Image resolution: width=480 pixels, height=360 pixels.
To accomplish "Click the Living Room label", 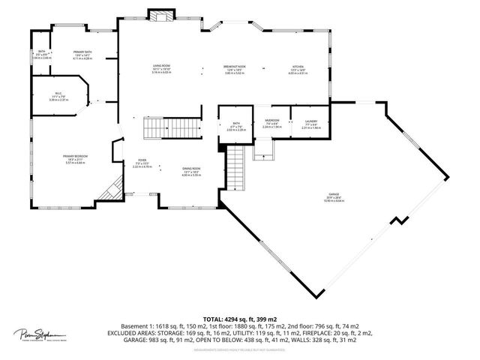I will (x=160, y=68).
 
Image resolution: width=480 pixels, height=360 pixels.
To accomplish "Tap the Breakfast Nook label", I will (x=234, y=68).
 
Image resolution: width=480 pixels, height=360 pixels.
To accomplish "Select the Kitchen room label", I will (x=298, y=68).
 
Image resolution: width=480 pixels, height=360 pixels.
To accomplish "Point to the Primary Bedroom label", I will (x=75, y=158).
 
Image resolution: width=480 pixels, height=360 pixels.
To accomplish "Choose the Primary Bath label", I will (x=82, y=54).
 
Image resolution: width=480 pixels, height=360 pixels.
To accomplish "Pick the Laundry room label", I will (x=310, y=123).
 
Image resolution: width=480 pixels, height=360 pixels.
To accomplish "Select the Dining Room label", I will (x=190, y=171).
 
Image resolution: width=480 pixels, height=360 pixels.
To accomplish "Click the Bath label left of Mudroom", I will (x=235, y=126).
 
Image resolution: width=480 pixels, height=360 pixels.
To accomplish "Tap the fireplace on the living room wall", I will (x=159, y=15).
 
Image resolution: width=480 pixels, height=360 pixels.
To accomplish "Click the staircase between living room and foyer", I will (x=183, y=128).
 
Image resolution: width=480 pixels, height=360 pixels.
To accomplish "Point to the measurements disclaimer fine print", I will (x=239, y=349).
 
